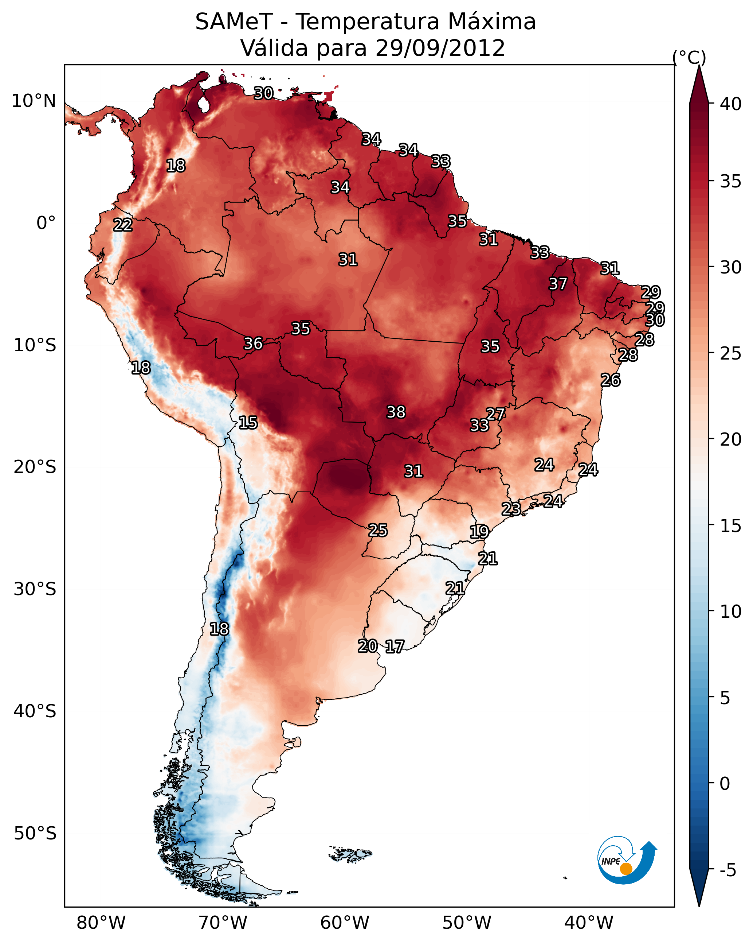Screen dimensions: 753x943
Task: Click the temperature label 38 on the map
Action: (396, 412)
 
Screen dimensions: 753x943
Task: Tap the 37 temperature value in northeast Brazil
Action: (558, 284)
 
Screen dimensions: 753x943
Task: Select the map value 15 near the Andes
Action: (248, 423)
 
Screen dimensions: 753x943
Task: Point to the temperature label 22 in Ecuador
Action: (123, 225)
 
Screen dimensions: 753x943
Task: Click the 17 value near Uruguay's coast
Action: (395, 647)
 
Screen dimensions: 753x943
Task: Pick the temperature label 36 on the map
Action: (254, 344)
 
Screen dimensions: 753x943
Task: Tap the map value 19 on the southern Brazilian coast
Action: (479, 531)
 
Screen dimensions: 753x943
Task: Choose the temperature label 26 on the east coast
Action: (611, 380)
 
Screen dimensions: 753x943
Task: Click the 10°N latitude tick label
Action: (34, 101)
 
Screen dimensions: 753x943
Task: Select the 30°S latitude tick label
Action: (35, 589)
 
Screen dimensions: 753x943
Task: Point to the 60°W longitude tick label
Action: (345, 923)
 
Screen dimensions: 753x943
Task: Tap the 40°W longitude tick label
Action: (589, 923)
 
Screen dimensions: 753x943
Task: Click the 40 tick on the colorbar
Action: (731, 104)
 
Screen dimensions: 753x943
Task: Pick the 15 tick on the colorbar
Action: (731, 526)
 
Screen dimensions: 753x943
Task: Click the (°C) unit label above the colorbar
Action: (689, 57)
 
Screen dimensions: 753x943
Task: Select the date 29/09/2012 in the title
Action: (440, 48)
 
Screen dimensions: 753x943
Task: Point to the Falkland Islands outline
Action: (350, 853)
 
